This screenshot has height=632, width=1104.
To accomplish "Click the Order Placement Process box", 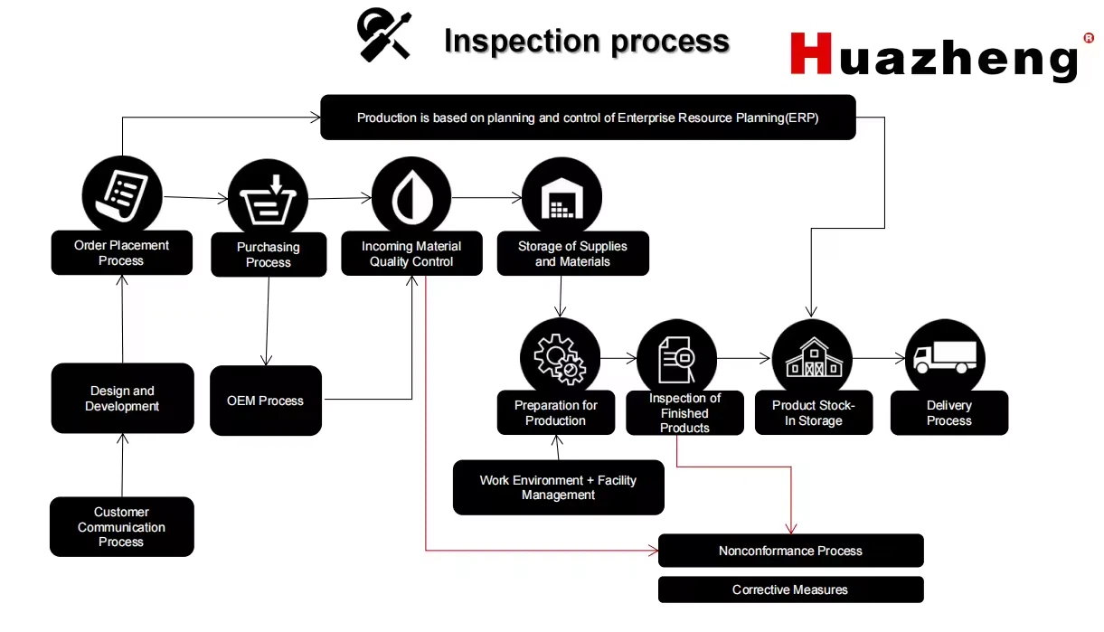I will tap(121, 253).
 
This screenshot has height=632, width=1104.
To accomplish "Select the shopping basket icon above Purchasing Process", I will tap(268, 198).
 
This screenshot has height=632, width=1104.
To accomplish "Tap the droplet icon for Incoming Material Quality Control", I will tap(411, 196).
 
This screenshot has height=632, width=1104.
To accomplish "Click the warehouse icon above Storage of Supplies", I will tap(561, 196).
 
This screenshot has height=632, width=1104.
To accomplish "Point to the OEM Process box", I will tap(266, 401).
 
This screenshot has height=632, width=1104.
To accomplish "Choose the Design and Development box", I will tap(122, 399).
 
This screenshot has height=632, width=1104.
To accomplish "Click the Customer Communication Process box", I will tap(122, 526).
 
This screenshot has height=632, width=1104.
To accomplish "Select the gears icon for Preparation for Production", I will tap(560, 358).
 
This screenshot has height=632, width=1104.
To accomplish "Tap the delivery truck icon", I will tap(945, 358).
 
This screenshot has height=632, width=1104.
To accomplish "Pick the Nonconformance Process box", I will tap(790, 551).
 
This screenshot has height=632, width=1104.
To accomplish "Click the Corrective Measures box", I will tap(790, 590).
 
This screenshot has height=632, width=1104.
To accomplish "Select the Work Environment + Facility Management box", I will tap(558, 487).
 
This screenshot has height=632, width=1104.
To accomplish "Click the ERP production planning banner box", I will tap(588, 118).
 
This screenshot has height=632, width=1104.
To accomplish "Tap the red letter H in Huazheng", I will tap(811, 54).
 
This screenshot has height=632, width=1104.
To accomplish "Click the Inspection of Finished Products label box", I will tap(684, 413).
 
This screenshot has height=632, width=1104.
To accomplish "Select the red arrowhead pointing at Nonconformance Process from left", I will tap(654, 550).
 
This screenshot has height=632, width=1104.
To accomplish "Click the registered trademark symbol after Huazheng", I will tap(1089, 38).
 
